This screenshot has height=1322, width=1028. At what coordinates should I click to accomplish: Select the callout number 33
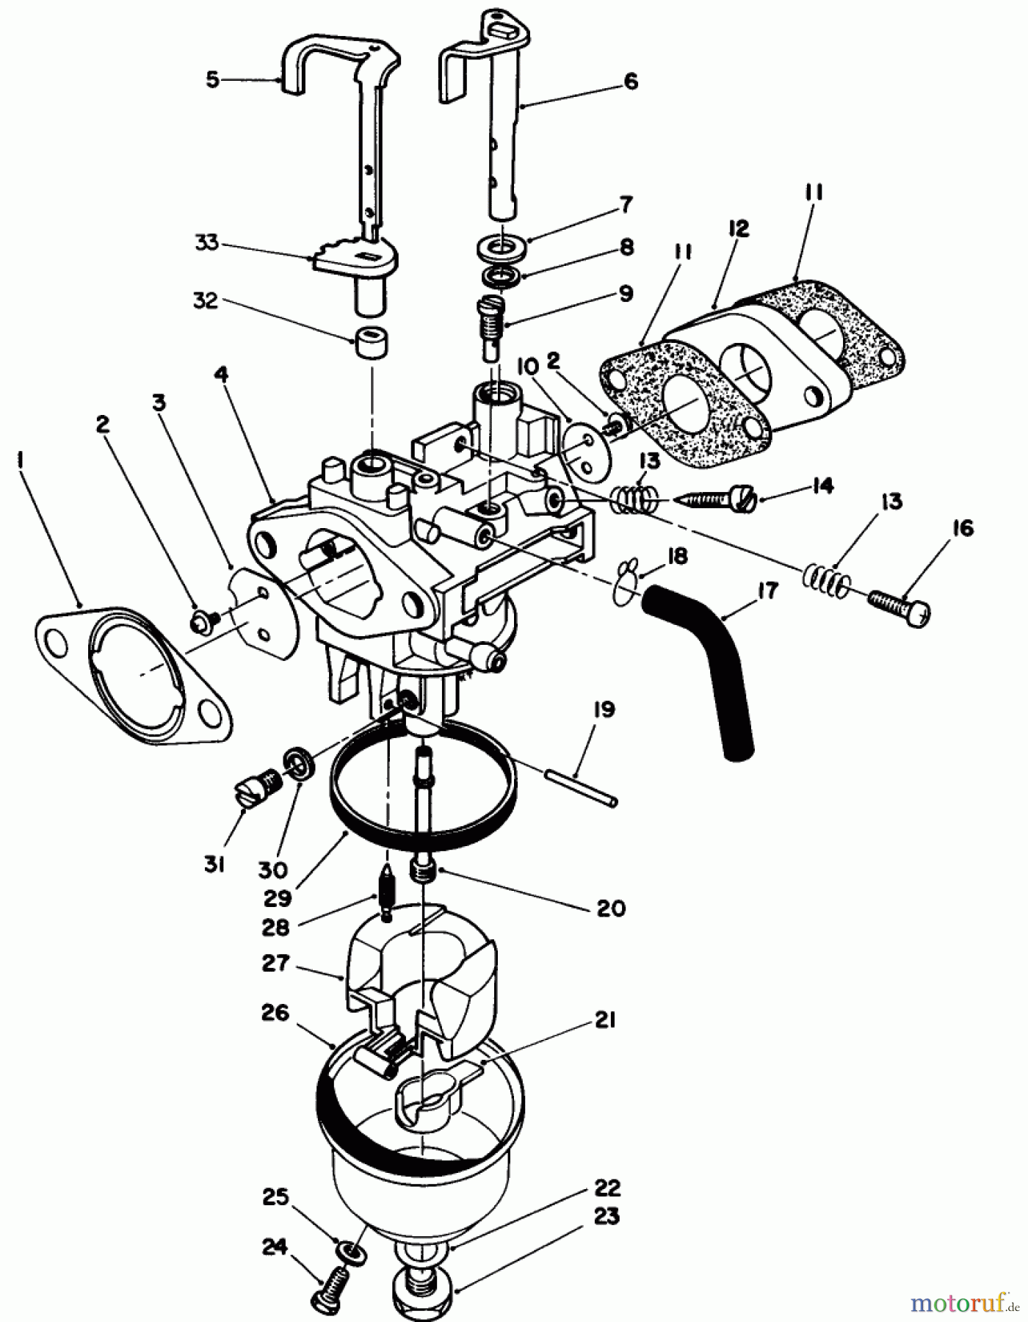tap(206, 242)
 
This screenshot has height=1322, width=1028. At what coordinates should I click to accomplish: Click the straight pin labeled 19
tap(580, 785)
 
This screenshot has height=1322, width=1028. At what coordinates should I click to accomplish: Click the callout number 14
tap(822, 486)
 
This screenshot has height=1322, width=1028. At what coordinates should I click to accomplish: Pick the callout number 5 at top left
tap(212, 79)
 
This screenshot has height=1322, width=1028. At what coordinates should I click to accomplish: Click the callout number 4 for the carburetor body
tap(222, 375)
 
